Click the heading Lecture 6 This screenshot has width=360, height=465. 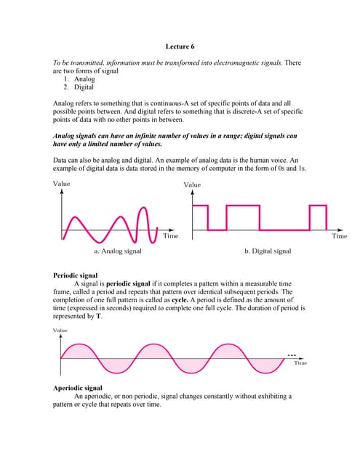[x=179, y=46]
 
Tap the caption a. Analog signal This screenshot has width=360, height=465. [x=118, y=251]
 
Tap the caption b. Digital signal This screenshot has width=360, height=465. [x=268, y=251]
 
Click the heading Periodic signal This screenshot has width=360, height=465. [x=76, y=276]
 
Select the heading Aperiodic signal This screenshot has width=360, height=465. [x=79, y=388]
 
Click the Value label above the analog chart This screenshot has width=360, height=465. [x=62, y=184]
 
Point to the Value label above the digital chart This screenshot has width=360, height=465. [x=192, y=185]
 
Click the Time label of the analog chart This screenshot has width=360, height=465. [x=170, y=236]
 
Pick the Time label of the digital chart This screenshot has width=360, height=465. [x=339, y=236]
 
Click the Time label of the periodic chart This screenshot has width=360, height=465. [x=300, y=363]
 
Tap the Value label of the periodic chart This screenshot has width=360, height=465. [x=60, y=331]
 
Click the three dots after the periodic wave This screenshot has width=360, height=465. [x=292, y=355]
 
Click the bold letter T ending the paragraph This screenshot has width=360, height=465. [x=99, y=317]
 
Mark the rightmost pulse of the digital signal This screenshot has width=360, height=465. [x=318, y=216]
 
